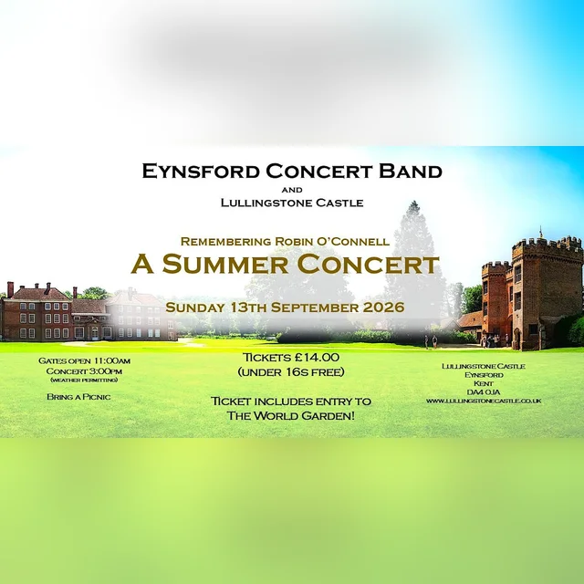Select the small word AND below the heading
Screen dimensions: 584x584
292,190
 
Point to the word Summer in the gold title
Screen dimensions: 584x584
225,264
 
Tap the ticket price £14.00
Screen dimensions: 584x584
317,358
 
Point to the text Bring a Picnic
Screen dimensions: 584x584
78,397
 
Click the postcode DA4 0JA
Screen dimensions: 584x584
484,392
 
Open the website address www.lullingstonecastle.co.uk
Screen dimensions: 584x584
484,401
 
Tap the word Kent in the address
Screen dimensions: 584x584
484,383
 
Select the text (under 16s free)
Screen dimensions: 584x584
291,372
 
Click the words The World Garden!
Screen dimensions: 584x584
291,416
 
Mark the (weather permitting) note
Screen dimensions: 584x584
84,381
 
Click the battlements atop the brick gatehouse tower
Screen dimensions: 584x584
547,244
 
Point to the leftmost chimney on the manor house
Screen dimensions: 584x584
10,289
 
